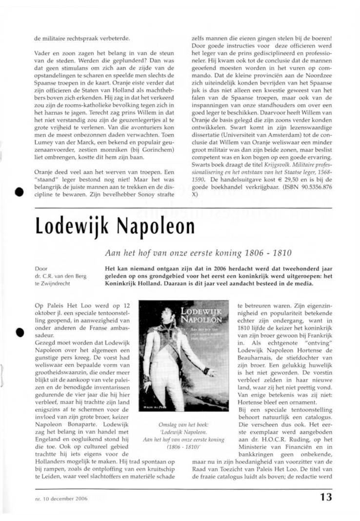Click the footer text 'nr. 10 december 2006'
(x=61, y=499)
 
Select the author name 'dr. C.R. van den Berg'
(x=60, y=276)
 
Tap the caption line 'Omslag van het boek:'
(x=182, y=424)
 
